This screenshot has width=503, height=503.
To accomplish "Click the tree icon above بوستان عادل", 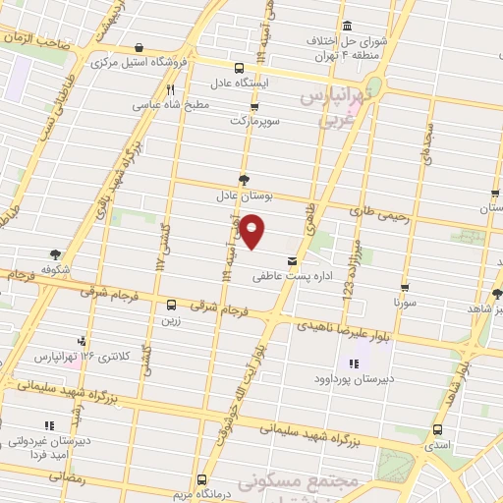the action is coord(244,179).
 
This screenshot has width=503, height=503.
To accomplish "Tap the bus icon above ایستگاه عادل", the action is coord(240,69).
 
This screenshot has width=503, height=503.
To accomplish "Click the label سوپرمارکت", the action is coord(254,120).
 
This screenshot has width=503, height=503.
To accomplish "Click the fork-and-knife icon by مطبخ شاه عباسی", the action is coord(171,88).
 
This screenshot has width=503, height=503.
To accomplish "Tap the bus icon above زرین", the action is coord(171,305).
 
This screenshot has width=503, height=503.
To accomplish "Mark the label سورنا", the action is coord(404,305).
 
